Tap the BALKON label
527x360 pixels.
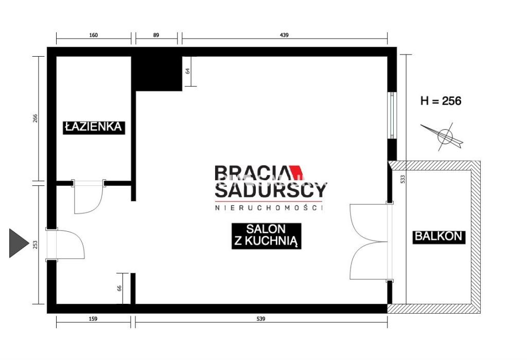pyautogui.click(x=438, y=236)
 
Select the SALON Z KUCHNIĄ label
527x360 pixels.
pyautogui.click(x=266, y=236)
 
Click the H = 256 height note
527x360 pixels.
pyautogui.click(x=441, y=100)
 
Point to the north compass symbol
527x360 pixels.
pyautogui.click(x=444, y=136)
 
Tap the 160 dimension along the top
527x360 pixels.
pyautogui.click(x=94, y=35)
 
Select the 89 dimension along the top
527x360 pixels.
pyautogui.click(x=156, y=35)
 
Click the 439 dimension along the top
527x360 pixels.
pyautogui.click(x=284, y=35)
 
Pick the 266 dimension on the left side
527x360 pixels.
pyautogui.click(x=36, y=118)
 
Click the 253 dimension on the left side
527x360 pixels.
pyautogui.click(x=36, y=244)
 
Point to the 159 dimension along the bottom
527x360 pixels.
pyautogui.click(x=93, y=319)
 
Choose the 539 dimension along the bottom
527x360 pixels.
pyautogui.click(x=261, y=319)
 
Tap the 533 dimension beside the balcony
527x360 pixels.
pyautogui.click(x=402, y=179)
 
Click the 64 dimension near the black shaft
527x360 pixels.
pyautogui.click(x=188, y=71)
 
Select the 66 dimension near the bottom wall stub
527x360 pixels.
pyautogui.click(x=119, y=288)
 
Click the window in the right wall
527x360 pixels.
pyautogui.click(x=392, y=115)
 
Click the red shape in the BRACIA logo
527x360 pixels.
pyautogui.click(x=296, y=172)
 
